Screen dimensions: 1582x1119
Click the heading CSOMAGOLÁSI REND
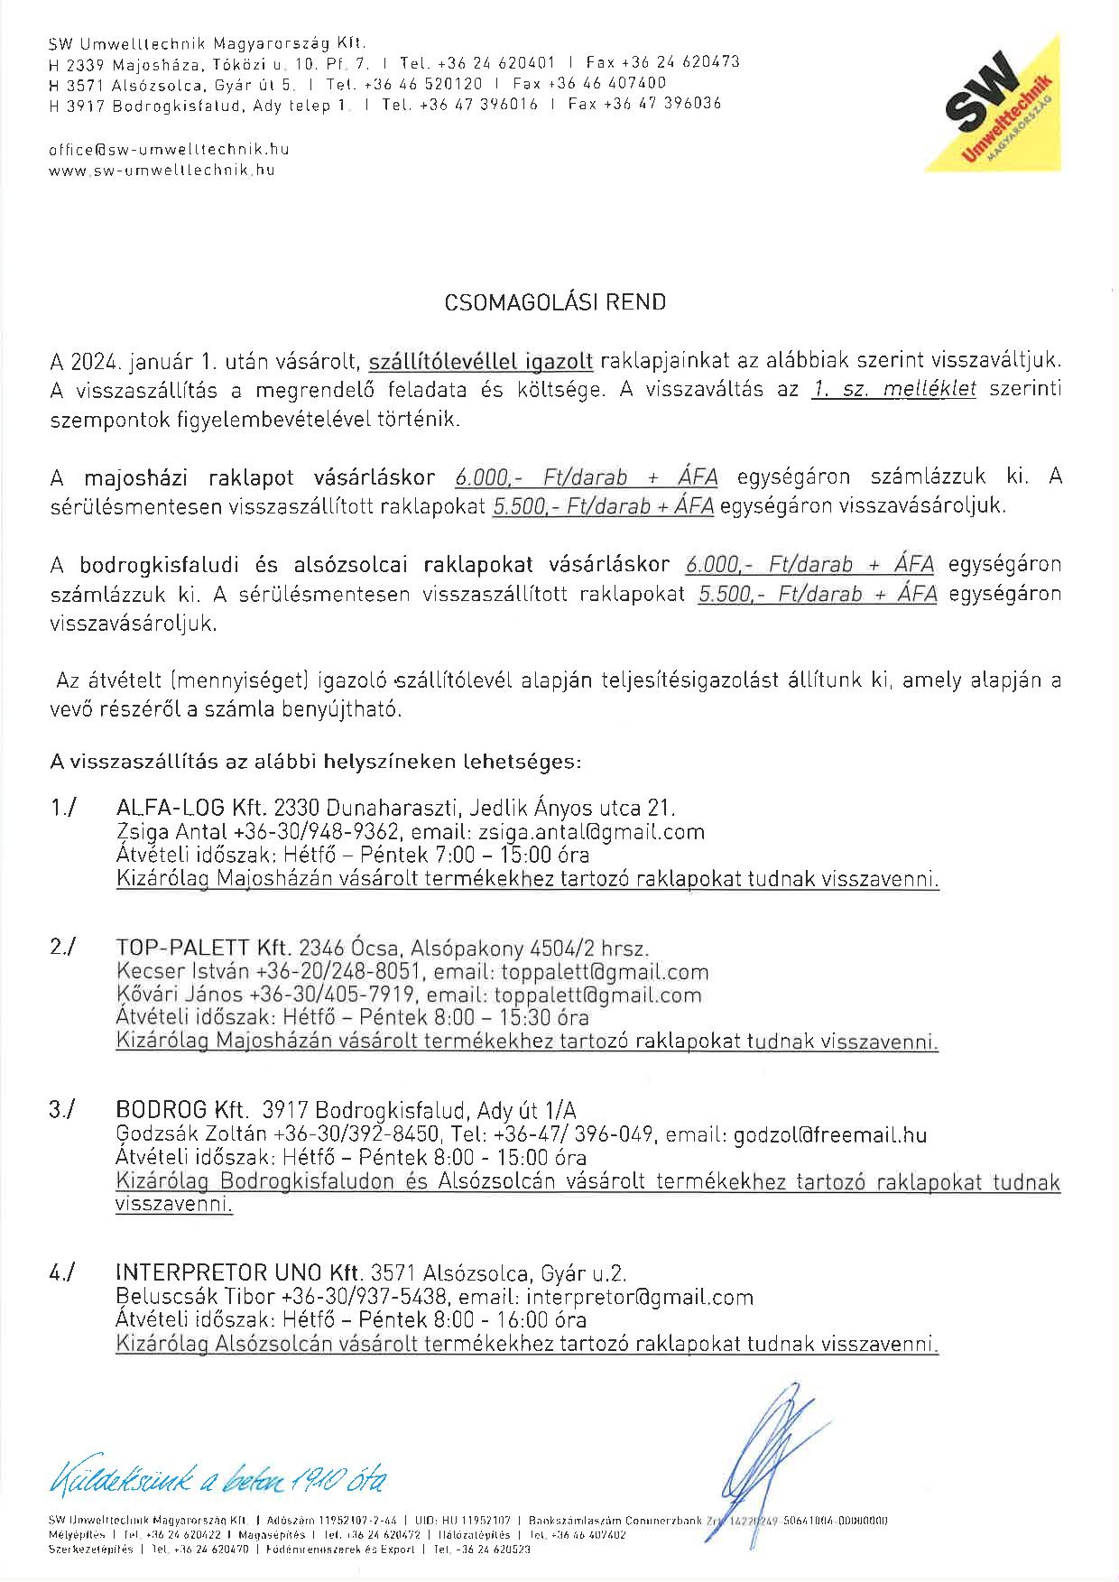pos(555,302)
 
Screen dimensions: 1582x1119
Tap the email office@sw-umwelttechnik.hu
pos(169,150)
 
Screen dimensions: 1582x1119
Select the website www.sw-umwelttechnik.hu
pos(162,170)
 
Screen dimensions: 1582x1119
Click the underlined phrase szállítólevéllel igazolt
pos(481,361)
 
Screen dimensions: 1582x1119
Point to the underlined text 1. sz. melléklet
pos(893,391)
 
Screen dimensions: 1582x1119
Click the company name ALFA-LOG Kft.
pos(193,807)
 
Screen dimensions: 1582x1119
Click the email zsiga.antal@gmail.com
pos(617,831)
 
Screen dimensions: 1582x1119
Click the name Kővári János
pos(180,995)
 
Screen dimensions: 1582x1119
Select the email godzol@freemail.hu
pos(830,1134)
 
